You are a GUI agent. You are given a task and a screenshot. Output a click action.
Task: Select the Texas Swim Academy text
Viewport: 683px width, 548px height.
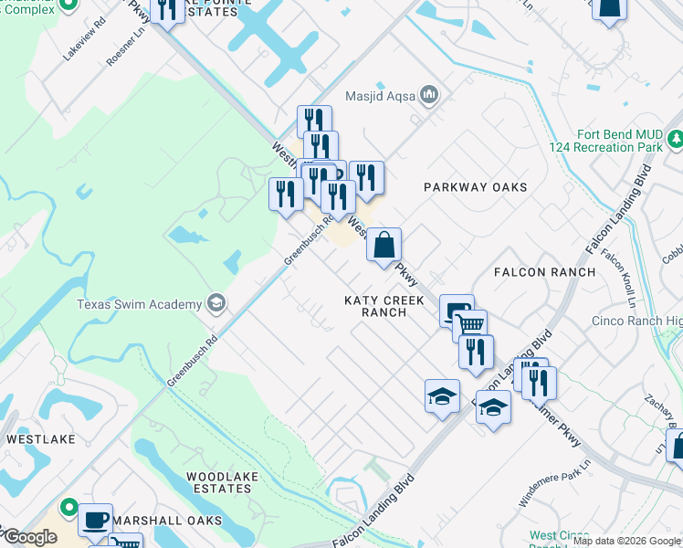point(139,304)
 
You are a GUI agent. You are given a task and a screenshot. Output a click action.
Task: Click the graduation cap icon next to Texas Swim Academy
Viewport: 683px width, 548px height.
point(216,303)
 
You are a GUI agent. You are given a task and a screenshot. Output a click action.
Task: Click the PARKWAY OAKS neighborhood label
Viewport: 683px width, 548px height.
point(475,187)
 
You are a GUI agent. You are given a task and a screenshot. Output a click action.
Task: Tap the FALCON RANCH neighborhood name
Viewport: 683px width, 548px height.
point(543,272)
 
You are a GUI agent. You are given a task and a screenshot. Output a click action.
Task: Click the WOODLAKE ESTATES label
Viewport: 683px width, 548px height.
point(218,482)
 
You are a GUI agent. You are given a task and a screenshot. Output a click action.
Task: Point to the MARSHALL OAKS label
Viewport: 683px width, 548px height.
point(173,521)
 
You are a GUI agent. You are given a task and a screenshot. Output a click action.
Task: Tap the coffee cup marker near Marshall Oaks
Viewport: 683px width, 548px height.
point(95,519)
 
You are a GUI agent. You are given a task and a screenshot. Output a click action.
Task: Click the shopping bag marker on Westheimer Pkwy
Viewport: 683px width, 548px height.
point(384,244)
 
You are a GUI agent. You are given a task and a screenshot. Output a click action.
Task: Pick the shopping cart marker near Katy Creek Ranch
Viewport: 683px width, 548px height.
point(469,324)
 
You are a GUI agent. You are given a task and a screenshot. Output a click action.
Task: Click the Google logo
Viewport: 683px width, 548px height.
point(29,537)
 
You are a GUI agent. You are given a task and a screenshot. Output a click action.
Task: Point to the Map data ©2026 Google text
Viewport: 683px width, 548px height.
point(627,541)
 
